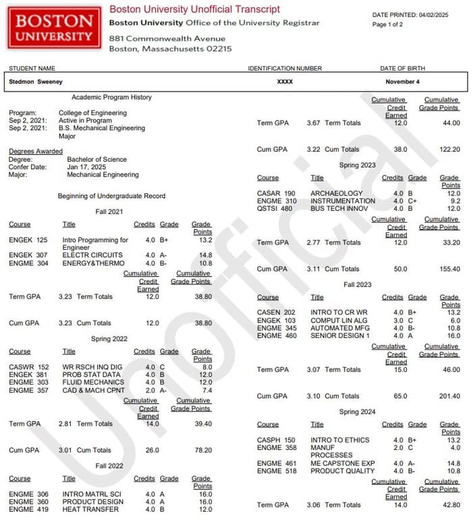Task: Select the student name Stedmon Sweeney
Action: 35,81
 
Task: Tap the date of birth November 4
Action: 402,81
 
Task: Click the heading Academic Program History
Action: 111,98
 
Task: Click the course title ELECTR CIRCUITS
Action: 92,255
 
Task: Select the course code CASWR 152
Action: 28,367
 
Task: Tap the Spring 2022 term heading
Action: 109,339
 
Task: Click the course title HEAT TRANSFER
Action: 91,509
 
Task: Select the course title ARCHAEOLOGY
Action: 337,193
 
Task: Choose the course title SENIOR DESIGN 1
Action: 340,335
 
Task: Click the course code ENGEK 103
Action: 277,321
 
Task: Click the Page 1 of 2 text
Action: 388,24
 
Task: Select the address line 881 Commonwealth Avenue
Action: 167,38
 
